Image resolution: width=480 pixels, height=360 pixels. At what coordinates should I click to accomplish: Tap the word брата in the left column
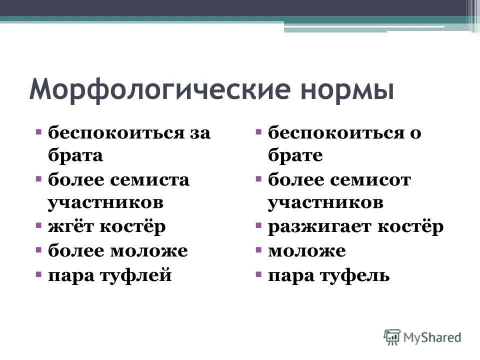tap(75, 155)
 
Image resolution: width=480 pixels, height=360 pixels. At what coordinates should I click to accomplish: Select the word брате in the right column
tap(295, 155)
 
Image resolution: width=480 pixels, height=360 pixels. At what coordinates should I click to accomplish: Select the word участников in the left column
tap(105, 202)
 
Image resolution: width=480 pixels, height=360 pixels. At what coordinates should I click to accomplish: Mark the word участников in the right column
tap(325, 202)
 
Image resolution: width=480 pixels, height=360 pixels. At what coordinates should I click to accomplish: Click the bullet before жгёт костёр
tap(38, 226)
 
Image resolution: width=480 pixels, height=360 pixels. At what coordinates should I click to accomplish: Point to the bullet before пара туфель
tap(258, 274)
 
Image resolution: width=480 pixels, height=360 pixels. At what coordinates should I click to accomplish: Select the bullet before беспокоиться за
tap(38, 132)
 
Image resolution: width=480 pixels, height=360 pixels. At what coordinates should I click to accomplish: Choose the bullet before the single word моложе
tap(258, 250)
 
